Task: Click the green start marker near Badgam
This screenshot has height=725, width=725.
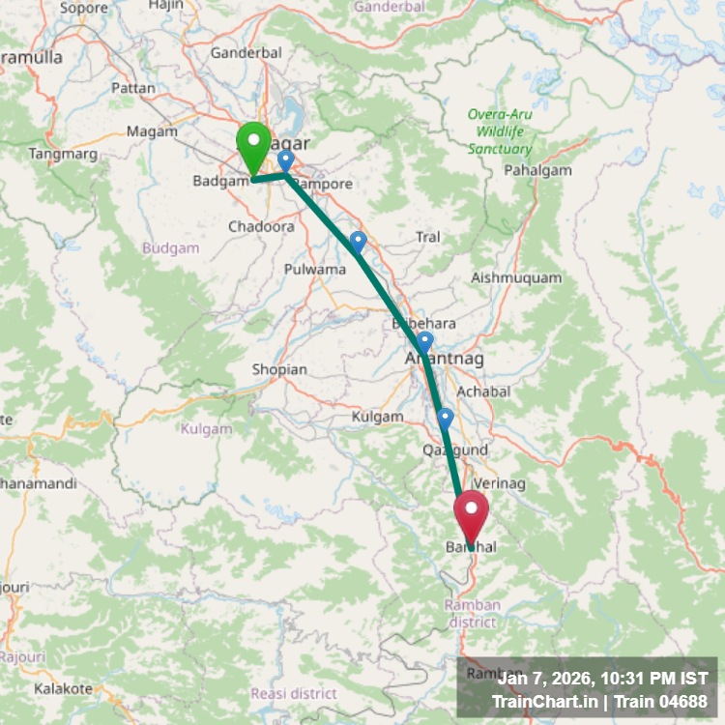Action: [253, 148]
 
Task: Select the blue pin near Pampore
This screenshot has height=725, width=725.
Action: [285, 160]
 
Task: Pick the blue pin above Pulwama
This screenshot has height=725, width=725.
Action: [359, 242]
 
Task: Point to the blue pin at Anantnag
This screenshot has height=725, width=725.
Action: [424, 341]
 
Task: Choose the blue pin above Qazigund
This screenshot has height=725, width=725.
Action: [445, 419]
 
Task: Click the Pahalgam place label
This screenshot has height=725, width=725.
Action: [538, 170]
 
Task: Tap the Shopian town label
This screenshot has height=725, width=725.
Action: [279, 369]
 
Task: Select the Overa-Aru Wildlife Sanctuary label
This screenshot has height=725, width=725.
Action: [500, 131]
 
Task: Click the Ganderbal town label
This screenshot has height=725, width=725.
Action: [246, 53]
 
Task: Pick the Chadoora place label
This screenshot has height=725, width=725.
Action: [261, 226]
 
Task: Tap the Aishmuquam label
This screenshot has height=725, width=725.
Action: [516, 277]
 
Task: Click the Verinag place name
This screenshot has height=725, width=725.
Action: [499, 482]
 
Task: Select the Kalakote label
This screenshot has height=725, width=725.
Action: [63, 689]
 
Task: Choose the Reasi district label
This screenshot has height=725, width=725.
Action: [294, 693]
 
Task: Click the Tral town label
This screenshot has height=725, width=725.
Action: [427, 237]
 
